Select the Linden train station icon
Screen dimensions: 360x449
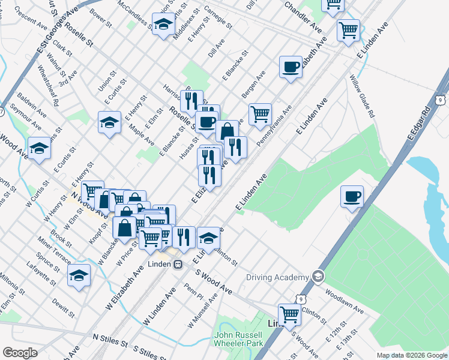tap(178, 263)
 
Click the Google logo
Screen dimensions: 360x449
tap(20, 353)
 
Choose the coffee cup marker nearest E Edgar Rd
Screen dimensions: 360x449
tap(352, 196)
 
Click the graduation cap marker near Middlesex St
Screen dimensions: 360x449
tap(163, 25)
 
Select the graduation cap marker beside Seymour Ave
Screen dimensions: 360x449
tap(39, 148)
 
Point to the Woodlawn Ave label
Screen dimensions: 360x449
tap(344, 302)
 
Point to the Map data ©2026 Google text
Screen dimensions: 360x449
tap(412, 355)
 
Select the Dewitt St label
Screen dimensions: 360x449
tap(63, 308)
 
